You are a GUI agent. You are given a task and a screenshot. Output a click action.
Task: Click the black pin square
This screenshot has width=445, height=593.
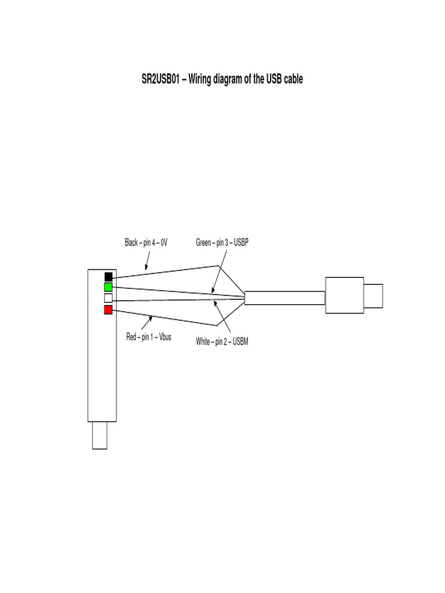pyautogui.click(x=108, y=276)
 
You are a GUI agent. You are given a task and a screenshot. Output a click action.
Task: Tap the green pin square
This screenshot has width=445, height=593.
pyautogui.click(x=108, y=287)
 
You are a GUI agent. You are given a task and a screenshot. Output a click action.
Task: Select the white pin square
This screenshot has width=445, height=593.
pyautogui.click(x=108, y=298)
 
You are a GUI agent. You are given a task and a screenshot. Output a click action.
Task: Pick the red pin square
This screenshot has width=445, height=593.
pyautogui.click(x=108, y=310)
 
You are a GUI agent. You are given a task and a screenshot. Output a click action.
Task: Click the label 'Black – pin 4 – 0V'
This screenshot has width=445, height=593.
pyautogui.click(x=146, y=243)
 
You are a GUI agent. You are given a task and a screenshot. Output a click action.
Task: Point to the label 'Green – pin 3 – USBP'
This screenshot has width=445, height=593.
pyautogui.click(x=222, y=243)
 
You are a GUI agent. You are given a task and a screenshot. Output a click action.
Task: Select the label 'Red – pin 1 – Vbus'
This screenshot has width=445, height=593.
pyautogui.click(x=148, y=336)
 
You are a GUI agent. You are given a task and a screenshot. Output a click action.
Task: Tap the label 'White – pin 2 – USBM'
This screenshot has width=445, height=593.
pyautogui.click(x=222, y=342)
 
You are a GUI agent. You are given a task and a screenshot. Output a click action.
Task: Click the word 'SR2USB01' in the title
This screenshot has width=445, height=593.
pyautogui.click(x=161, y=79)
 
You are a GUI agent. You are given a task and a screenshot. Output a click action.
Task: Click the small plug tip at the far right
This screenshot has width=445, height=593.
pyautogui.click(x=374, y=295)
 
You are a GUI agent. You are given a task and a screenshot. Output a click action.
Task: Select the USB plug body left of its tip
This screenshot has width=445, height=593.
pyautogui.click(x=344, y=295)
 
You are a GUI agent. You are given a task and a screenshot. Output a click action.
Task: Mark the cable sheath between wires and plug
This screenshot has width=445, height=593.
pyautogui.click(x=284, y=298)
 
